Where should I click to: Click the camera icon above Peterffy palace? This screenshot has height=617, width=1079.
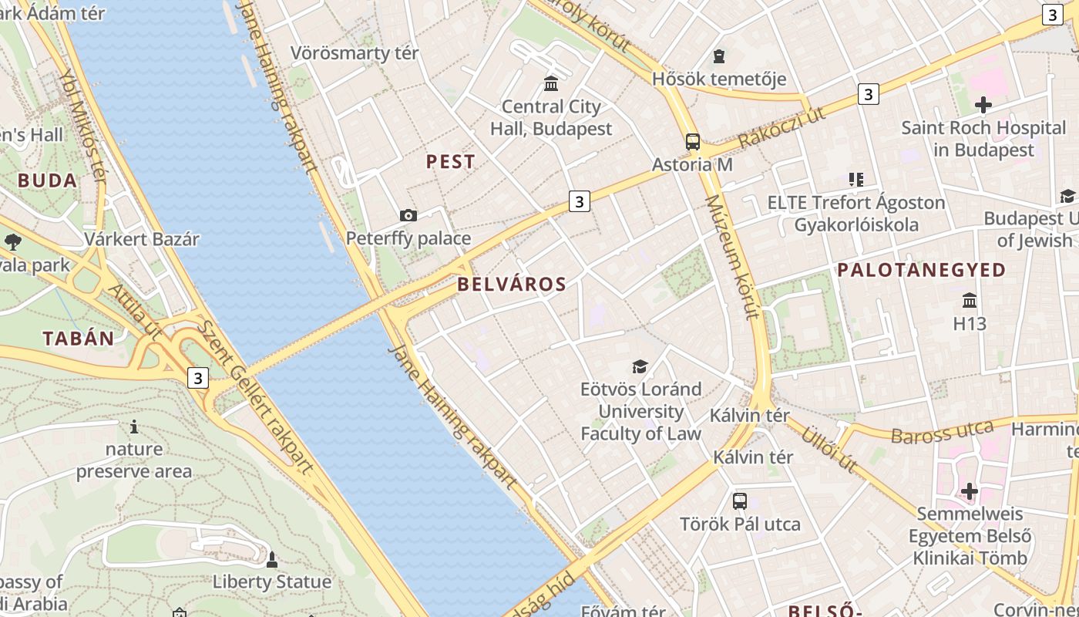(408, 216)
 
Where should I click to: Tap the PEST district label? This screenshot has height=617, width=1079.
(451, 162)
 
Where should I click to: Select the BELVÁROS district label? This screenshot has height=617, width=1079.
(512, 284)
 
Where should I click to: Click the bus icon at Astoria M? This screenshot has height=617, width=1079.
(692, 142)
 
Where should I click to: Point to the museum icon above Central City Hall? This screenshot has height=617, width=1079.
(551, 83)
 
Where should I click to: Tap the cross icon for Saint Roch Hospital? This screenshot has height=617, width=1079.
(983, 104)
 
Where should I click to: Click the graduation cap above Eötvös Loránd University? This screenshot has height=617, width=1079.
(640, 366)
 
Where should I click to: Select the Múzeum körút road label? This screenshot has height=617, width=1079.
(733, 257)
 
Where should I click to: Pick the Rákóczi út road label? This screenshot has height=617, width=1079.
(781, 128)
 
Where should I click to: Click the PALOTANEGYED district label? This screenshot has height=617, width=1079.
(921, 270)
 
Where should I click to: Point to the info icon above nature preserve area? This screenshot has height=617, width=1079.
(134, 427)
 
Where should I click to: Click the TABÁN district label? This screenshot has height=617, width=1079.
(79, 339)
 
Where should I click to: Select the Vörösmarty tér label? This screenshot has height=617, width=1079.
(355, 53)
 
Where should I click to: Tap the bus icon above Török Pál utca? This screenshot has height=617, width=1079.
(740, 501)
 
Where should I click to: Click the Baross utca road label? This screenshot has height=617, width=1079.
(942, 432)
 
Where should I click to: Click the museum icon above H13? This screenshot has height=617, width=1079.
(970, 300)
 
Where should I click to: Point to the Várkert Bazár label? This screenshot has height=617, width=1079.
(142, 239)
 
